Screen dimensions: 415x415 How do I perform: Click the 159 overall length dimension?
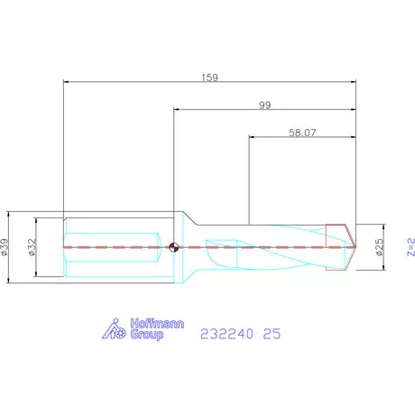209,78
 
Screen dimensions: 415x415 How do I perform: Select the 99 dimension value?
265,106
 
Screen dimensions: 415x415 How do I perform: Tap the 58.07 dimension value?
302,133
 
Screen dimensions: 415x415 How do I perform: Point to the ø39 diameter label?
5,247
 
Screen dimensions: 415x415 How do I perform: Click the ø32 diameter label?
32,247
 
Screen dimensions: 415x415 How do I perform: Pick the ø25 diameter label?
380,247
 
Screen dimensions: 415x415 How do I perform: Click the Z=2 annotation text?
411,247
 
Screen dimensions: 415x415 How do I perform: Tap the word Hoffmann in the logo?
157,324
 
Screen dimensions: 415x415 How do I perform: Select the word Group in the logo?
147,335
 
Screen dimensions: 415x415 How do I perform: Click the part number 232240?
226,334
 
